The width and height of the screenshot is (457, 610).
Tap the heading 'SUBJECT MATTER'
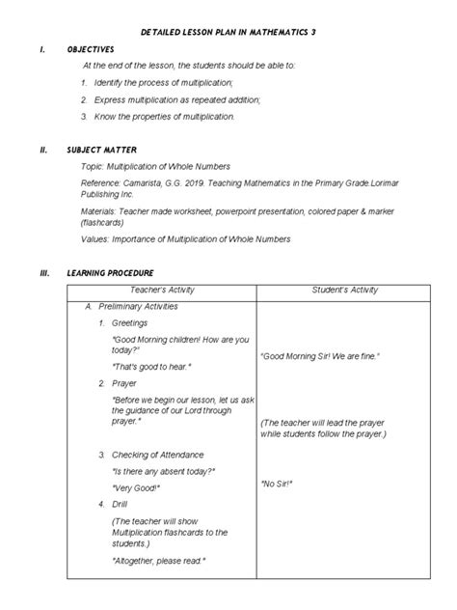tap(99, 150)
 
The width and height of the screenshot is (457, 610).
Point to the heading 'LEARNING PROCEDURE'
tap(111, 273)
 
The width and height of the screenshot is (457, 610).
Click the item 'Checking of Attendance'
tap(159, 454)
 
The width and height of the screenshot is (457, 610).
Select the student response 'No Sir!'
tap(278, 483)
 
